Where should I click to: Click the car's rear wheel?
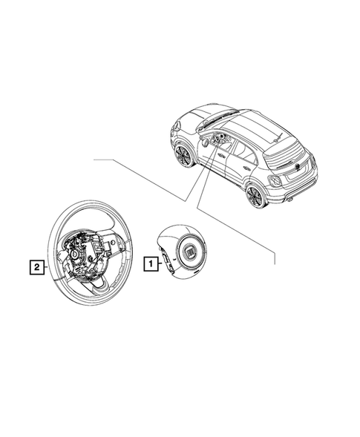[x=254, y=196]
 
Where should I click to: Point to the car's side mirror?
[x=206, y=142]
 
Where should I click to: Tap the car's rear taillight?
[x=275, y=181]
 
